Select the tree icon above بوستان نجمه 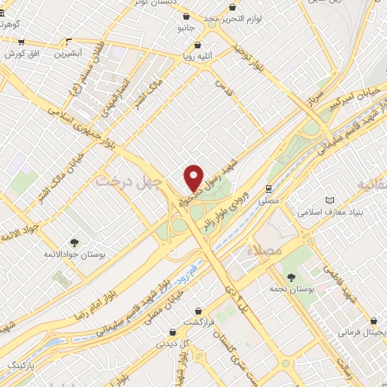(x=293, y=277)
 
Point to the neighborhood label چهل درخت (x=122, y=181)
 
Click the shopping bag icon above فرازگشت (x=198, y=310)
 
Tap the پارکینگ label (x=20, y=365)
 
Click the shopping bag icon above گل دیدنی (x=175, y=331)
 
